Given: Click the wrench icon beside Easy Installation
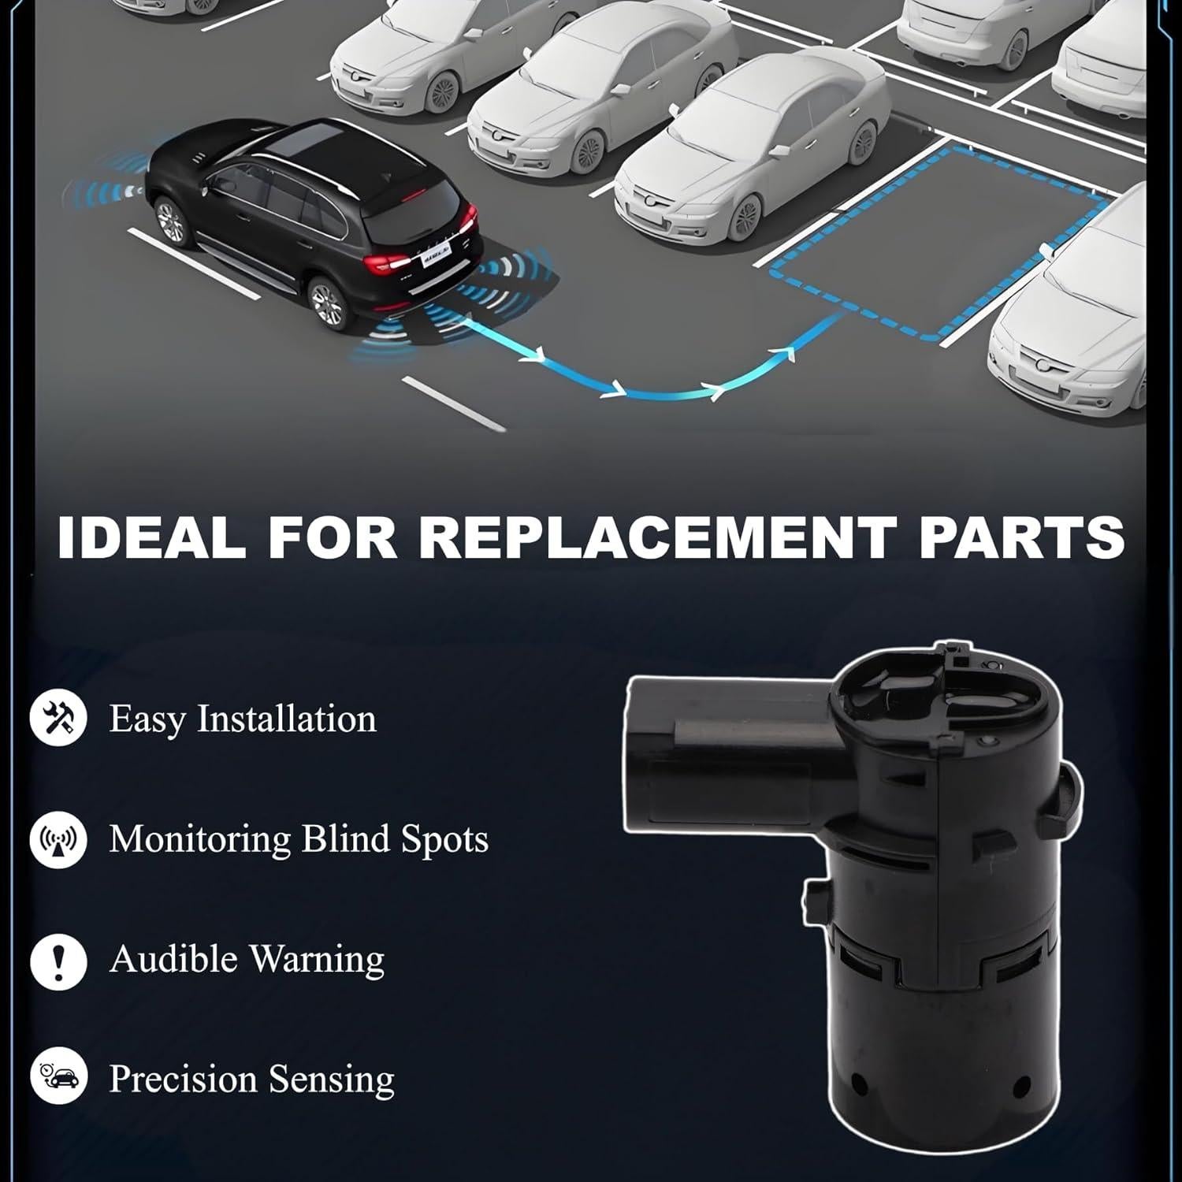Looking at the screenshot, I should [x=58, y=718].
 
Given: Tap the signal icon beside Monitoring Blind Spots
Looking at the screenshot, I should [x=58, y=839].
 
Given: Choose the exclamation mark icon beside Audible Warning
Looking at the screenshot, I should [x=58, y=961].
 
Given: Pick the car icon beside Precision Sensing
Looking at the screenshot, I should [x=58, y=1077].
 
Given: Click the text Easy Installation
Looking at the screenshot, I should [x=243, y=719].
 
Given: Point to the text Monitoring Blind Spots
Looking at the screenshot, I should [x=299, y=839].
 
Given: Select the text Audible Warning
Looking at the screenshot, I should [x=247, y=960].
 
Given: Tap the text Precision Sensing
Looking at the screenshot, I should [x=251, y=1079].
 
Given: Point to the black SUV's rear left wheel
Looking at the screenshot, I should [x=328, y=303].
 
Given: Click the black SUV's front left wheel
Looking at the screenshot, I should [x=169, y=221].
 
